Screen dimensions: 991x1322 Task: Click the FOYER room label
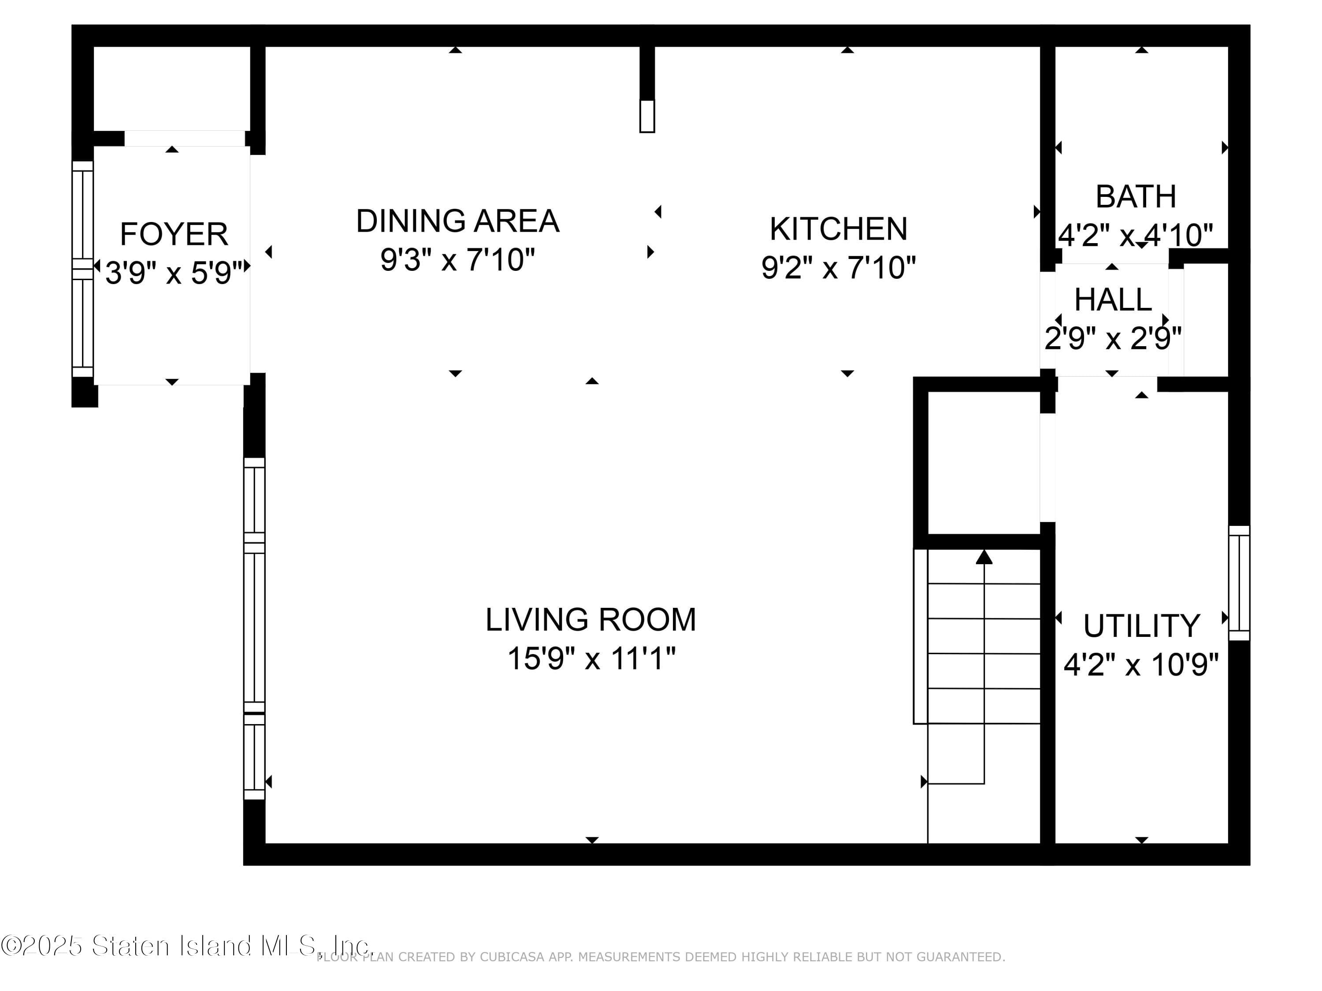tap(174, 234)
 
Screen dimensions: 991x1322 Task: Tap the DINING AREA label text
tap(457, 221)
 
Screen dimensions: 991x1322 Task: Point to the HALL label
tap(1113, 300)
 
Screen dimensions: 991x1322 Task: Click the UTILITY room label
tap(1141, 626)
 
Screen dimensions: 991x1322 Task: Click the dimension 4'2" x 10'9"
tap(1141, 664)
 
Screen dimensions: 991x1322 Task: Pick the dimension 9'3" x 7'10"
tap(457, 260)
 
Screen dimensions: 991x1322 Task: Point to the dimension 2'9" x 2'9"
tap(1113, 339)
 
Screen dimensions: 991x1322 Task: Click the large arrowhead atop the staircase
tap(984, 557)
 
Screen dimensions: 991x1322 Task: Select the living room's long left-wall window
tap(254, 629)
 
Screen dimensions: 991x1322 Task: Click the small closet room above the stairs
tap(983, 463)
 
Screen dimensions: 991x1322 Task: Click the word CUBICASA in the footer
tap(512, 957)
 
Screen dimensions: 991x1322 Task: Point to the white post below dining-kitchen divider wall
tap(646, 116)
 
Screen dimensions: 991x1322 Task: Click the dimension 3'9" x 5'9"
tap(174, 273)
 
